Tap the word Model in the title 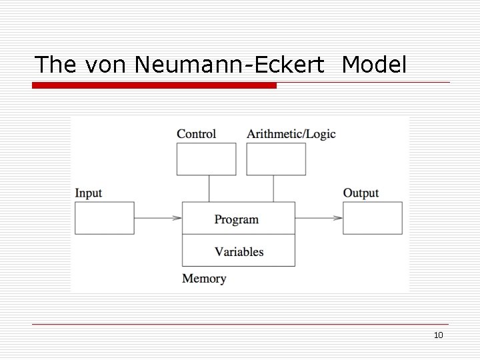click(374, 64)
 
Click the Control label click(196, 133)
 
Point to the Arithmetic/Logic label click(291, 133)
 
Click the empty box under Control click(206, 159)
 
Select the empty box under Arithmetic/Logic click(276, 159)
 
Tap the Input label click(88, 193)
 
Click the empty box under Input click(104, 218)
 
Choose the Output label click(361, 193)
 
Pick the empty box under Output click(373, 218)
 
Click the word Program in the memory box click(237, 219)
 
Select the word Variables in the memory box click(239, 251)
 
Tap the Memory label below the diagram click(204, 279)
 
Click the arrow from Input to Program click(158, 218)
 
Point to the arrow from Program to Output click(319, 218)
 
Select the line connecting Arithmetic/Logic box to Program click(273, 189)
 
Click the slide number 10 click(438, 335)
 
